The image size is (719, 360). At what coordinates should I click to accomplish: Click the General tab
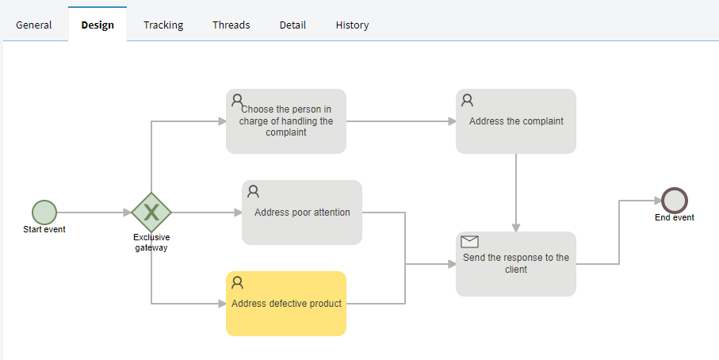click(34, 25)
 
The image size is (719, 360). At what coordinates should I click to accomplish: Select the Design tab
click(98, 25)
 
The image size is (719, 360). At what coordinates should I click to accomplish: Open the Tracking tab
click(163, 25)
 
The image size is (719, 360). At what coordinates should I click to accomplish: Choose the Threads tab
click(231, 25)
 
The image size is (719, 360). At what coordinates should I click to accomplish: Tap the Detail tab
click(293, 25)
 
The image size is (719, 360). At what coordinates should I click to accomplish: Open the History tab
click(352, 25)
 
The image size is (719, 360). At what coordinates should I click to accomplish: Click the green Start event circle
click(44, 213)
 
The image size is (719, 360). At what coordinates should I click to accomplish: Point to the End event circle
click(675, 201)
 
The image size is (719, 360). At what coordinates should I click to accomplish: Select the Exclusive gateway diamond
click(151, 213)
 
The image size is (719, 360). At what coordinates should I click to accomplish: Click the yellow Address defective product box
click(286, 304)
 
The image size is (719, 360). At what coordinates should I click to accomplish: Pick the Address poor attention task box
click(302, 213)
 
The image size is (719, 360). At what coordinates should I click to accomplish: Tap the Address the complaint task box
click(516, 121)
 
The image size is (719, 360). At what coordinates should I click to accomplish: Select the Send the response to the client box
click(516, 264)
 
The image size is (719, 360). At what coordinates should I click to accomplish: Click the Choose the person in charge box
click(286, 121)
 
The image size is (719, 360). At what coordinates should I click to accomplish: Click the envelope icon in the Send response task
click(469, 242)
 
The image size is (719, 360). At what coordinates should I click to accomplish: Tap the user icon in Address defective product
click(237, 282)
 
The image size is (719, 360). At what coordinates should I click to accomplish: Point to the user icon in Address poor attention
click(253, 191)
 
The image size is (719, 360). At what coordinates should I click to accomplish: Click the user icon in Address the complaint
click(467, 100)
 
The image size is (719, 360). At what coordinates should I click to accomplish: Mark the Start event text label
click(44, 229)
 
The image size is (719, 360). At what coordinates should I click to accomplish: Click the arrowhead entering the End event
click(657, 201)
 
